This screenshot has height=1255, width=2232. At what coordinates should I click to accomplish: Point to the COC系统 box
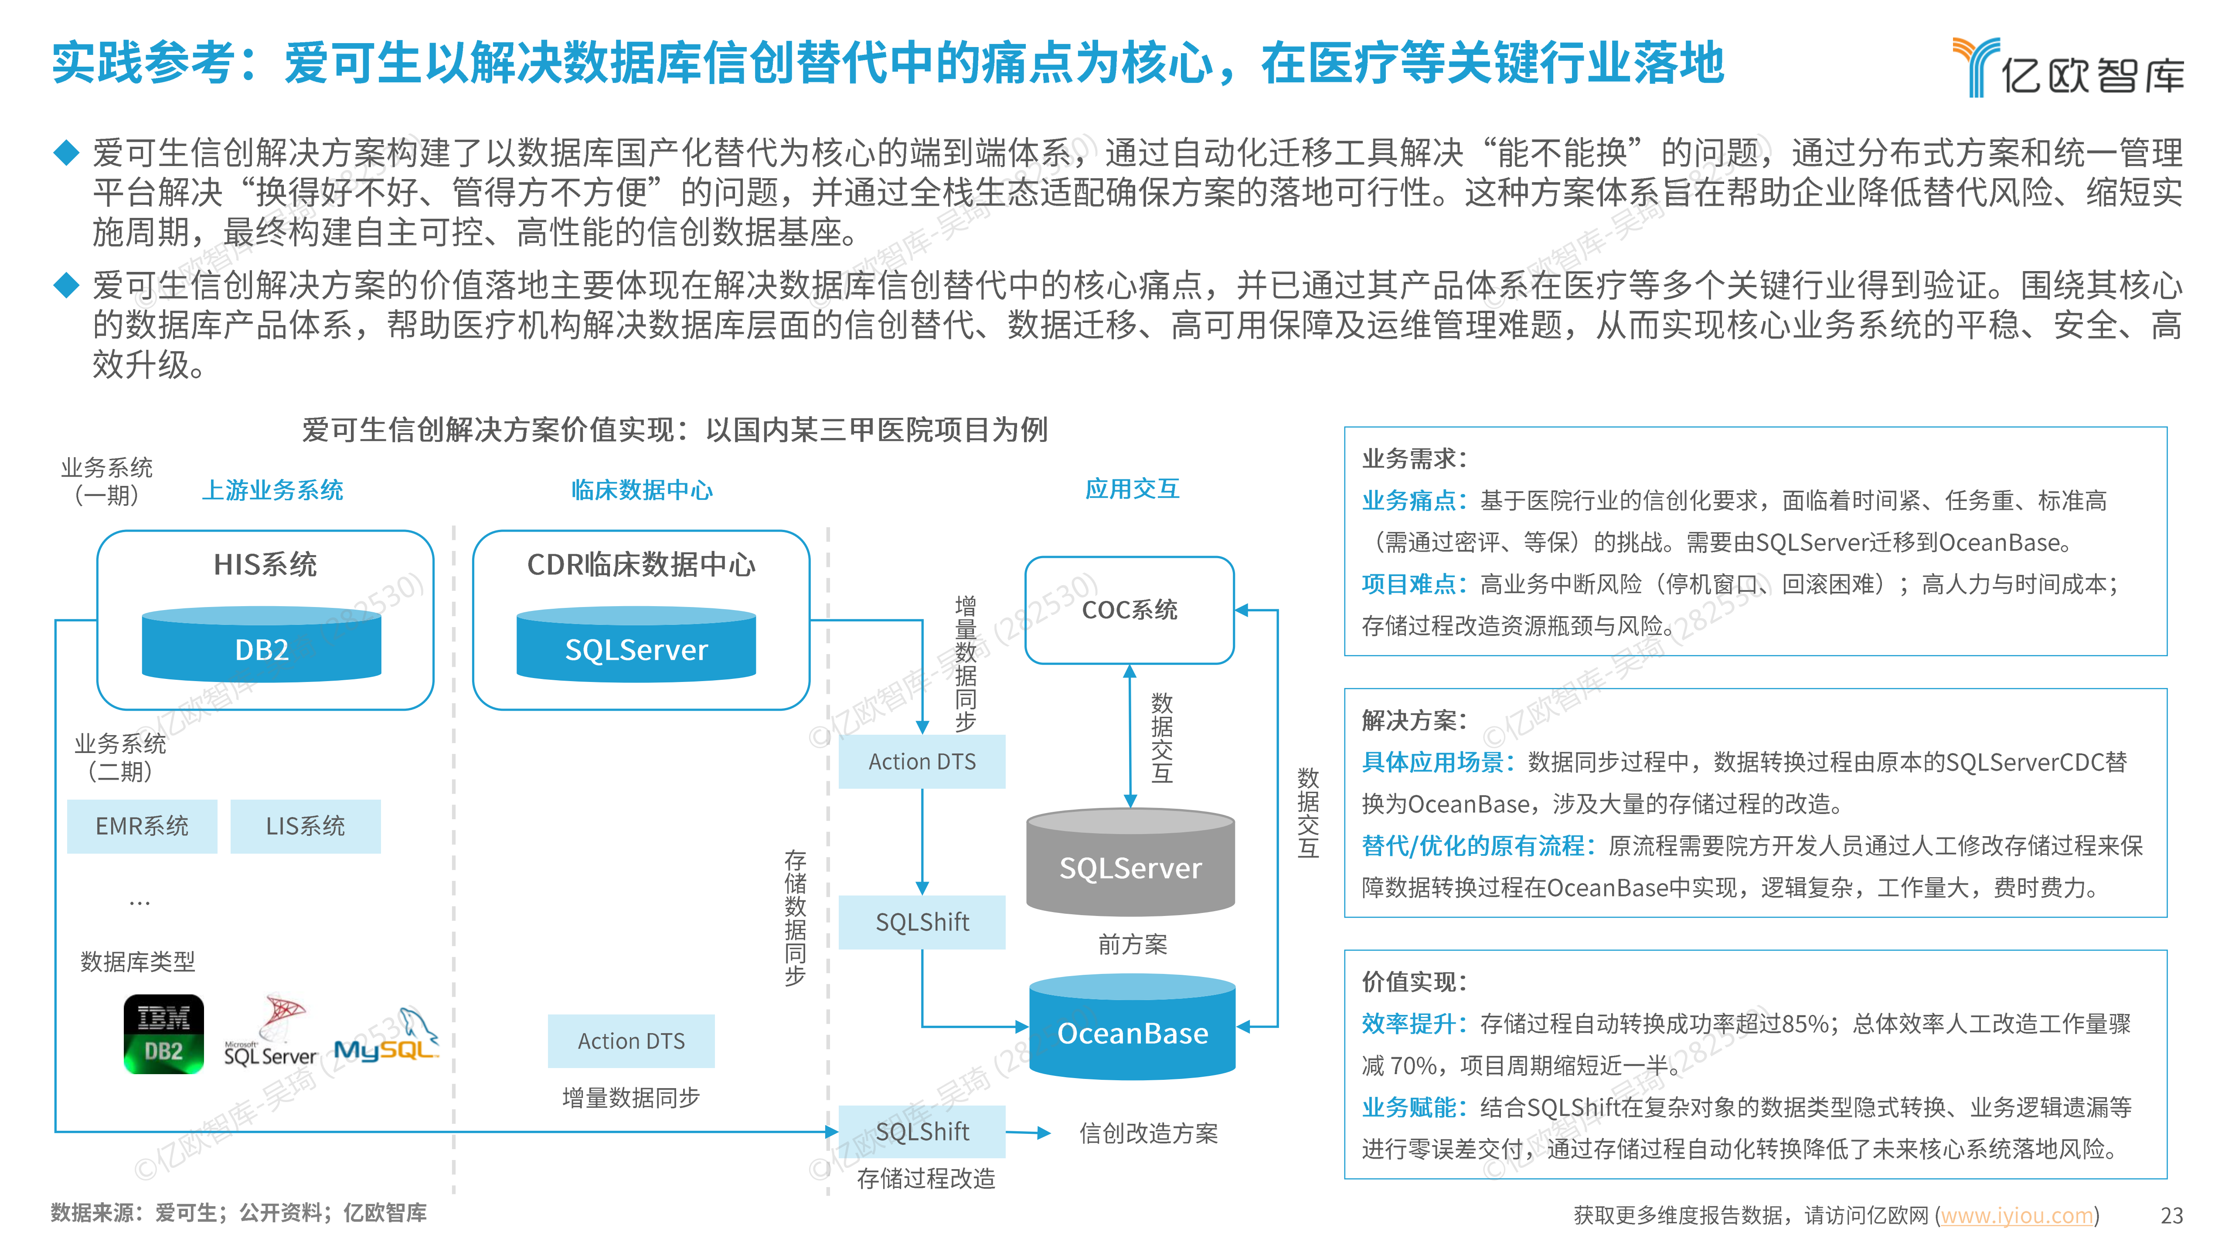tap(1129, 610)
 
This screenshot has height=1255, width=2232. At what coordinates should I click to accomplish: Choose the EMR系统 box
tap(142, 826)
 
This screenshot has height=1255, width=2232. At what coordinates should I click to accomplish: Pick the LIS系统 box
tap(305, 826)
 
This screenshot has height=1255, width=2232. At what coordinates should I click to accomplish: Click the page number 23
tap(2171, 1216)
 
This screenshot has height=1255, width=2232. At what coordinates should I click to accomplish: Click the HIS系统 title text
tap(265, 565)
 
